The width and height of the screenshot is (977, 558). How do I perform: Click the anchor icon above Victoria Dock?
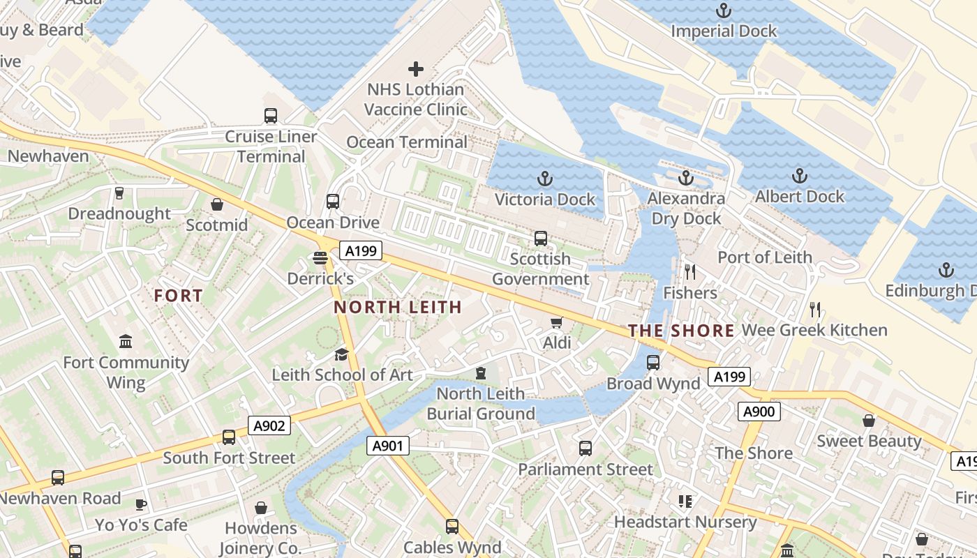coord(544,179)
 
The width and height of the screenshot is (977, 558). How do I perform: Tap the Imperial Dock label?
coord(724,31)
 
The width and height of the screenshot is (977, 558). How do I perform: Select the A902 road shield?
coord(269,425)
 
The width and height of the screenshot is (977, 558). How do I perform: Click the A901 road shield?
coord(387,446)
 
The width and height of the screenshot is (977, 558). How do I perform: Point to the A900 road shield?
coord(759,412)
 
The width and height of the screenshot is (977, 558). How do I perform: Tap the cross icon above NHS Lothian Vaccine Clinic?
coord(416,69)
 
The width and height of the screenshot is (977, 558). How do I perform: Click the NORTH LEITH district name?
coord(398,307)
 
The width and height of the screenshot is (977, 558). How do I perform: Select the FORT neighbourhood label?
coord(179,296)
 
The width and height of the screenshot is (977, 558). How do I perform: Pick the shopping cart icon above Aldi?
coord(556,322)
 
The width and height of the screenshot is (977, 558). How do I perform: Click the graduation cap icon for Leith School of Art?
coord(341,355)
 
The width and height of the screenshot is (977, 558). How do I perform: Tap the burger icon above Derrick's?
coord(320,259)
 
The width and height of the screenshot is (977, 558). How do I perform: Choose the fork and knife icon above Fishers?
coord(690,272)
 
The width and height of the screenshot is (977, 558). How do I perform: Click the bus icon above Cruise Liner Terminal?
coord(271,116)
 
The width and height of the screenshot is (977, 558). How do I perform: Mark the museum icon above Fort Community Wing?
coord(126,342)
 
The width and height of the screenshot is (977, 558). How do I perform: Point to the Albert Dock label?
coord(800,197)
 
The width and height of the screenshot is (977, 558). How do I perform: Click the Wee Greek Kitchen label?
coord(814,330)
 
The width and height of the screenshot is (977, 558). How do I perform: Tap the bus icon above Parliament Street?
coord(585,448)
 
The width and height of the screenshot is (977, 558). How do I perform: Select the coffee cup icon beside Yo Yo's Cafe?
coord(141,504)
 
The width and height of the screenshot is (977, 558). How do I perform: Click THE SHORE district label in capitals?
coord(681,331)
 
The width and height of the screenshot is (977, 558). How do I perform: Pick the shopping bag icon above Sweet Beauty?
coord(869,421)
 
